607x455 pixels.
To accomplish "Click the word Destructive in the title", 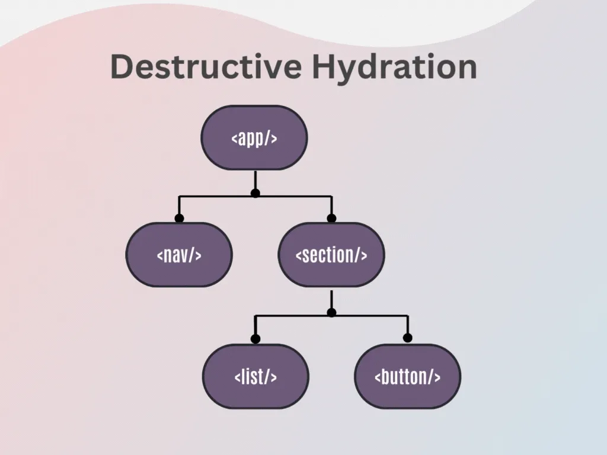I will (x=206, y=66).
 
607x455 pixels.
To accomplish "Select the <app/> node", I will (x=254, y=138).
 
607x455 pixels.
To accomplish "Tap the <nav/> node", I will (x=179, y=255).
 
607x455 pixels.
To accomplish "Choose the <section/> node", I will (x=331, y=255).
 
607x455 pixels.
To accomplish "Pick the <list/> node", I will (x=255, y=376).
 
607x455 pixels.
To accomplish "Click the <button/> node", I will (x=407, y=376).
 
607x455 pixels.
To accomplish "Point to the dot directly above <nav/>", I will (x=179, y=218).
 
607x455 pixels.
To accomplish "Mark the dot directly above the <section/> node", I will (x=331, y=218).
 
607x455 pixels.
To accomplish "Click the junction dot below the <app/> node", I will (x=255, y=193).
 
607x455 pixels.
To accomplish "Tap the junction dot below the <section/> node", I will (x=331, y=312).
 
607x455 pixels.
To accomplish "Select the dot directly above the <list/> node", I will (x=255, y=339).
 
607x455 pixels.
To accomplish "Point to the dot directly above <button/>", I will (x=407, y=338).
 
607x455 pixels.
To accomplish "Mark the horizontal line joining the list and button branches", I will (x=368, y=316).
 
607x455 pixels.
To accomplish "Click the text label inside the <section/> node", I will (x=331, y=255).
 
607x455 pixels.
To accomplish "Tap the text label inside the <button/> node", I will (x=407, y=377).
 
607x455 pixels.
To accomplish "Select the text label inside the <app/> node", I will (x=254, y=139).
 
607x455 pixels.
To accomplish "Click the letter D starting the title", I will (x=122, y=66).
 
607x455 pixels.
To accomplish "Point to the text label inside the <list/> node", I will (x=255, y=377).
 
